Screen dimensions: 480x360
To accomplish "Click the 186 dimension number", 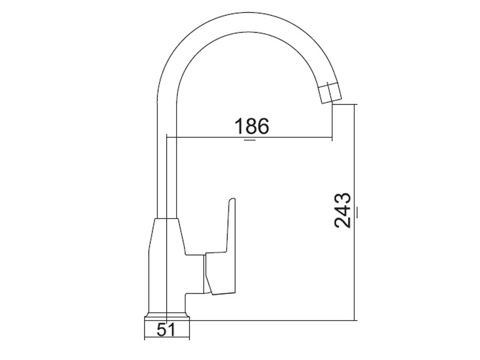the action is pyautogui.click(x=251, y=126).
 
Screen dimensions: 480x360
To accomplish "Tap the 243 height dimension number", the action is pyautogui.click(x=343, y=211).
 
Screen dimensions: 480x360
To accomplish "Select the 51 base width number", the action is pyautogui.click(x=166, y=329).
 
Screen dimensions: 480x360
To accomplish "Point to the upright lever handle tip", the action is pyautogui.click(x=232, y=199).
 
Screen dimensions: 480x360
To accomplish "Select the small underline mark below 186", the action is pyautogui.click(x=250, y=140).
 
